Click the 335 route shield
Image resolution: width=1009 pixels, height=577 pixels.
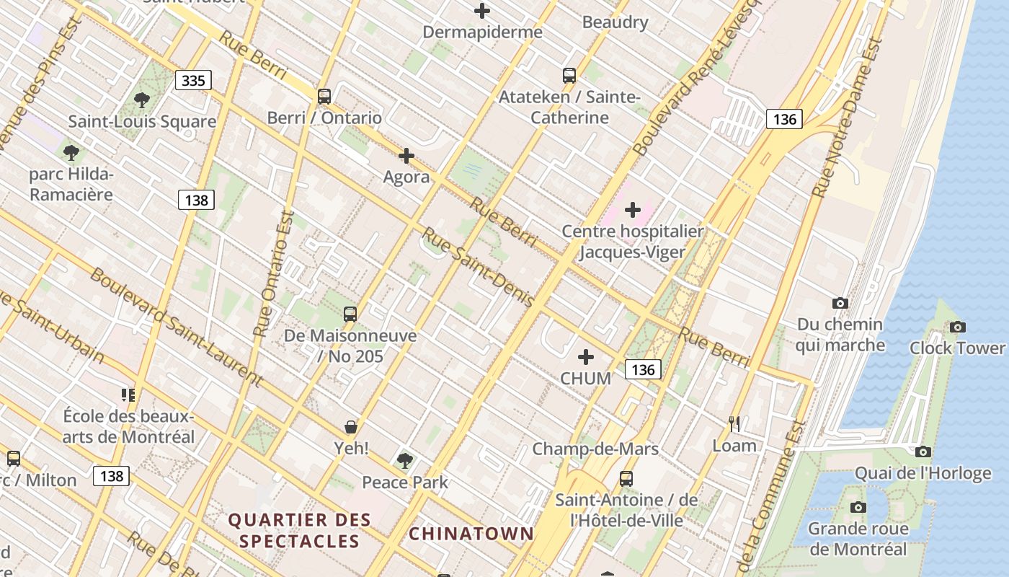(193, 80)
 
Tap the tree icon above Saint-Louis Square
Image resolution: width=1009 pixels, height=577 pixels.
(142, 100)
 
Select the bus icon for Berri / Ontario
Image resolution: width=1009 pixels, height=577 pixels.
(324, 96)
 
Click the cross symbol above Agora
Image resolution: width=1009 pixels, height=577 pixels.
(406, 155)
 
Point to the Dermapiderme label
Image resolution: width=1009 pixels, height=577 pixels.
(482, 32)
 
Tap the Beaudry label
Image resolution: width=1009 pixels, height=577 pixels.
(615, 22)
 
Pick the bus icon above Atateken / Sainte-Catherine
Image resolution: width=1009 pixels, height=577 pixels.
(569, 75)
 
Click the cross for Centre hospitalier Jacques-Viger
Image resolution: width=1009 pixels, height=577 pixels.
(632, 210)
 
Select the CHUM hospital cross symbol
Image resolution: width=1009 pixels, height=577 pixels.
(586, 357)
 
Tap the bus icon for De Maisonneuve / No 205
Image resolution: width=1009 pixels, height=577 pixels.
(350, 314)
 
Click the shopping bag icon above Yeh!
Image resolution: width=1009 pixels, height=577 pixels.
(351, 427)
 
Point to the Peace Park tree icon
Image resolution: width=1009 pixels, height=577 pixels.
(405, 460)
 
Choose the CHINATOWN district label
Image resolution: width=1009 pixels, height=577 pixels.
(471, 534)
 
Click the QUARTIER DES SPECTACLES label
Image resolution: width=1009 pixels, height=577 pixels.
(299, 530)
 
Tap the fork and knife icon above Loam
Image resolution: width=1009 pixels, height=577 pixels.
(734, 423)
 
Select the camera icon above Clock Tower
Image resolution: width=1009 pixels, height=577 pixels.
(957, 327)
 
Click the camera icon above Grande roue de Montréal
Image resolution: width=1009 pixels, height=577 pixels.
(858, 507)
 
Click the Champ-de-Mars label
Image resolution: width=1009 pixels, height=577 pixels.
(595, 449)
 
